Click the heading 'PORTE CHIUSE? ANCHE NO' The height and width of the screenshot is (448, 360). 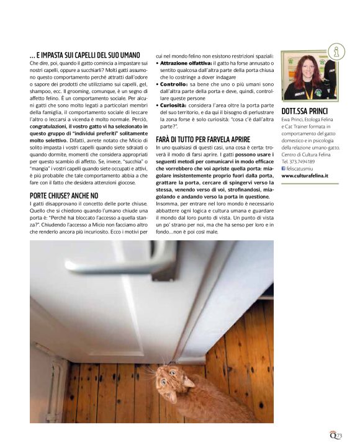[64, 195]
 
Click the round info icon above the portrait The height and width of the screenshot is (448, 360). [336, 51]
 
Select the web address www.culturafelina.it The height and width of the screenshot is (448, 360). [305, 176]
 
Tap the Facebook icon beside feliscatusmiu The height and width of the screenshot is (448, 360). [284, 168]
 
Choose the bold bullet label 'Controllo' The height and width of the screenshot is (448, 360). [173, 84]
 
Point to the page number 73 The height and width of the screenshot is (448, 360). [338, 437]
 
